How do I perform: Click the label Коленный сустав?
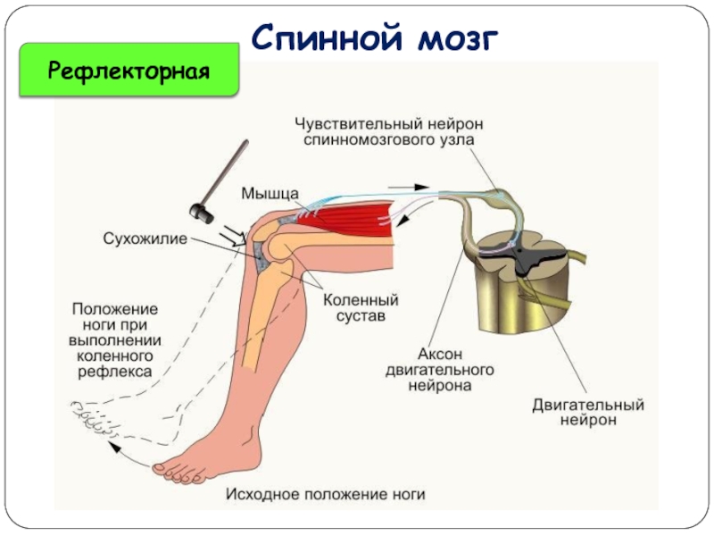click(x=360, y=308)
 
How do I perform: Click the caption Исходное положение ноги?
click(x=325, y=493)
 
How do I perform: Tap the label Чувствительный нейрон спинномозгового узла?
click(x=386, y=131)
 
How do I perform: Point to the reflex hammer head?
click(x=202, y=212)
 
